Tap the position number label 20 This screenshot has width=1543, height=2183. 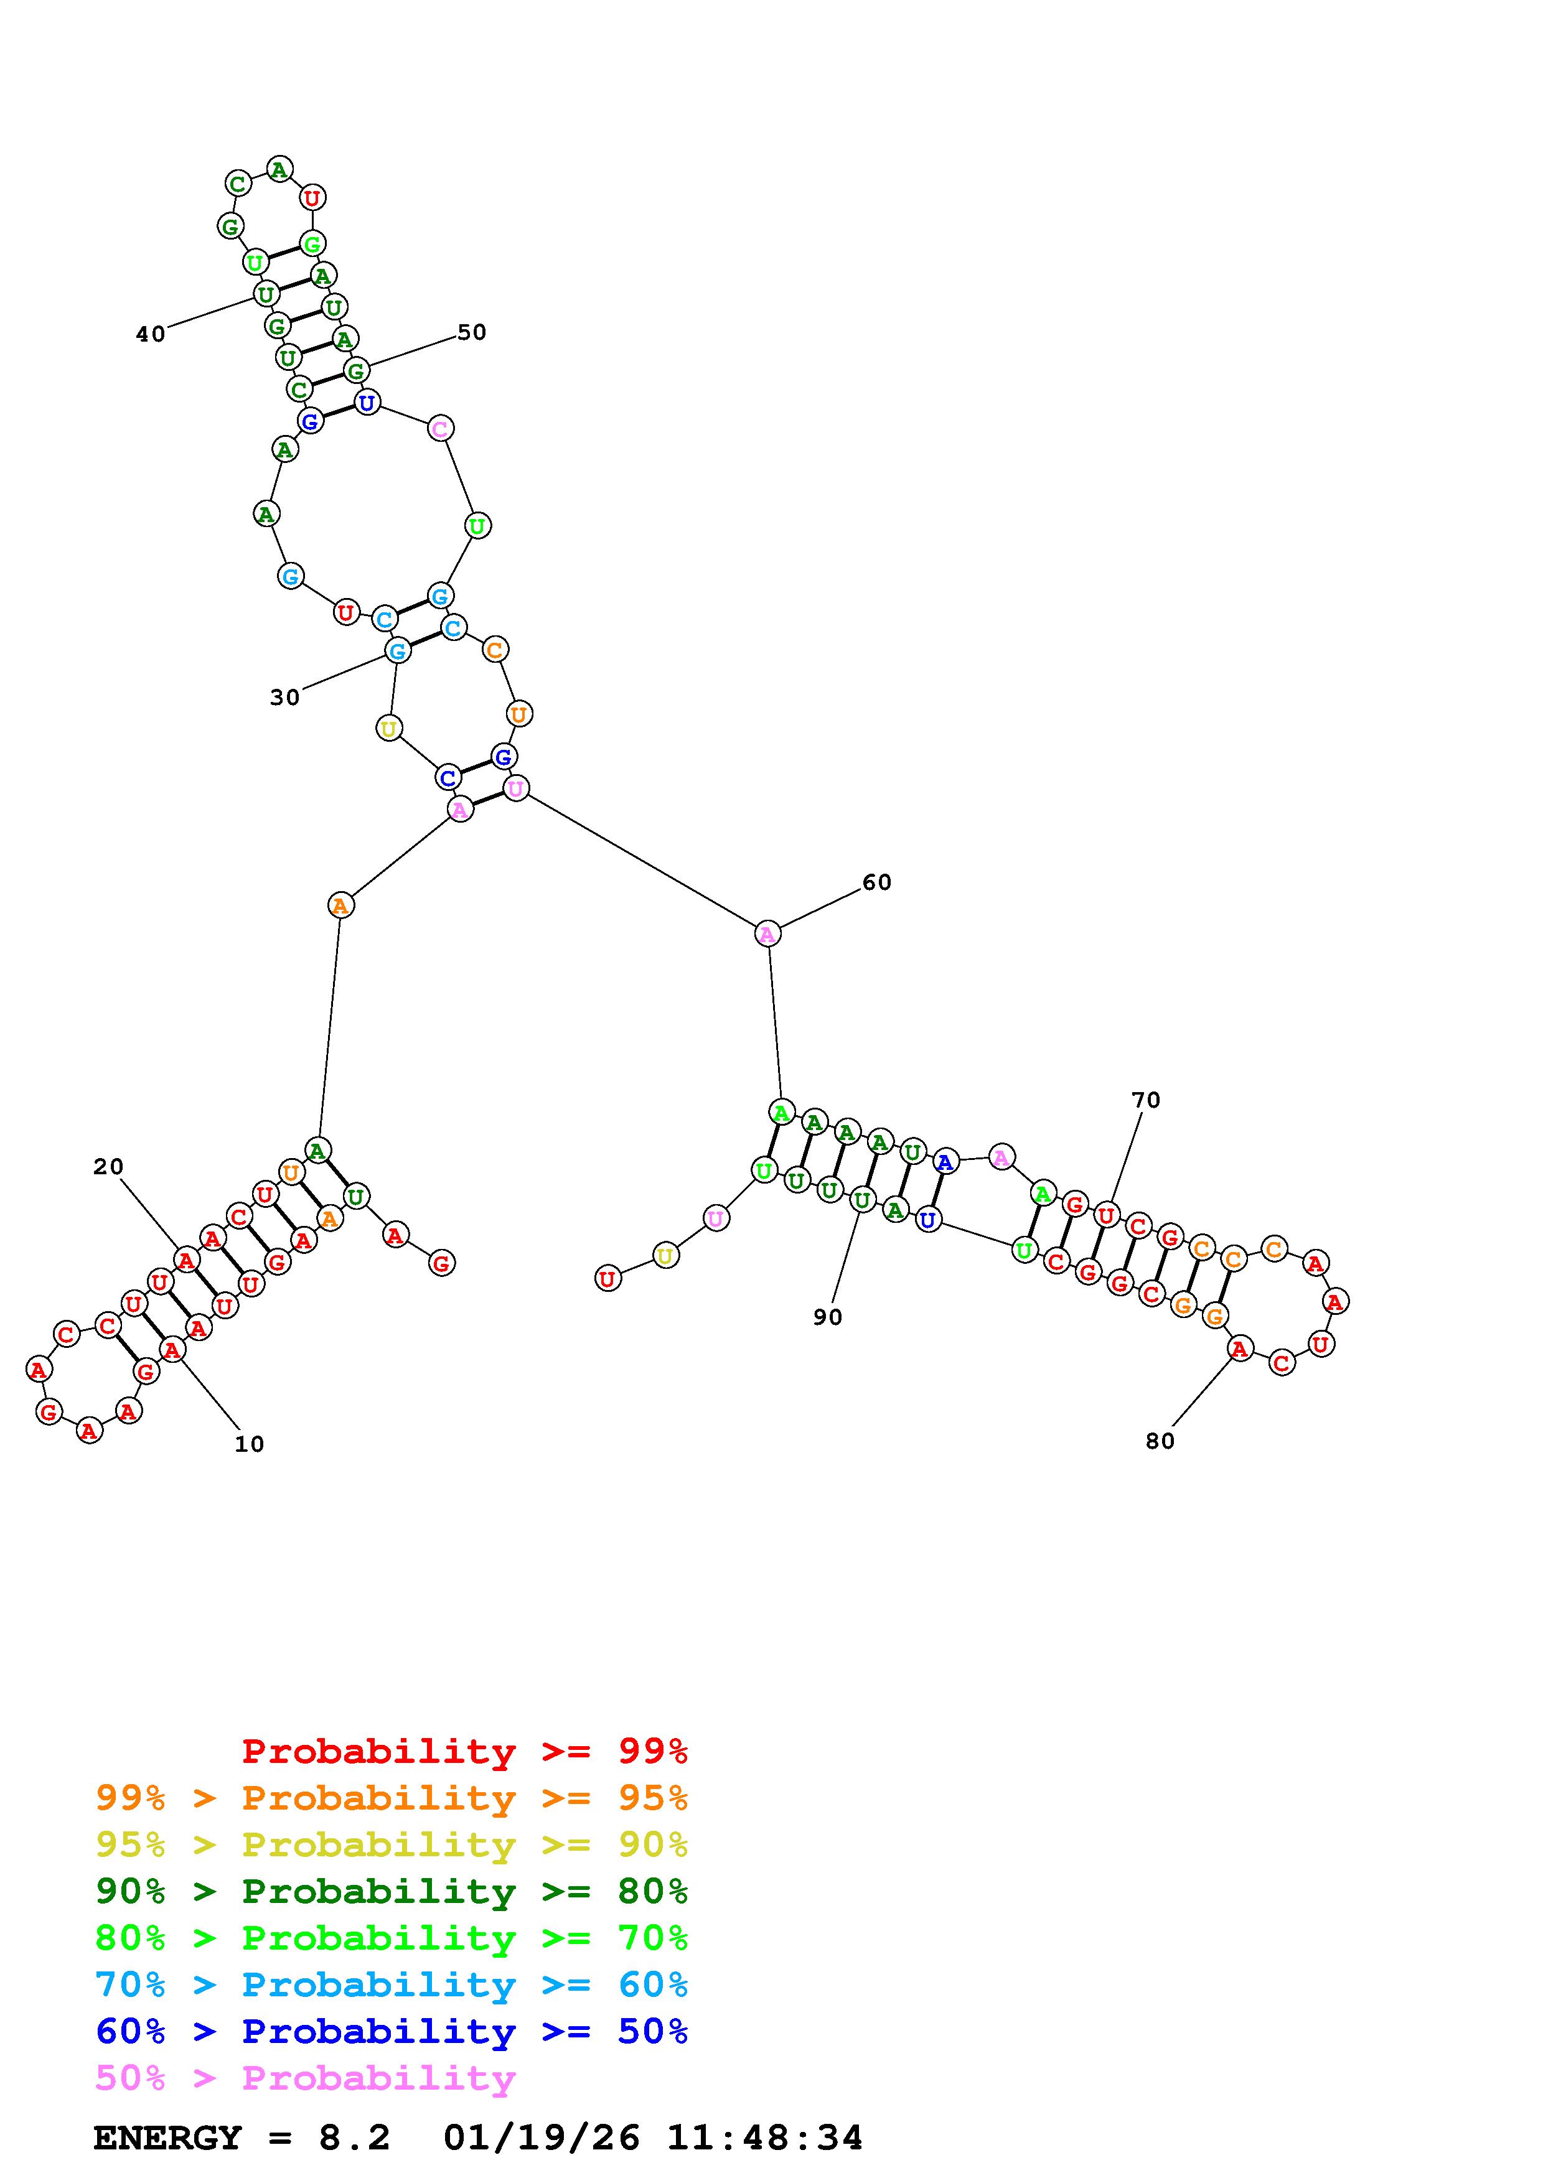click(108, 1167)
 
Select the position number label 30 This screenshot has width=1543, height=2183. click(284, 698)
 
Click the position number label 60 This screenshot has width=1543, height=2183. click(876, 882)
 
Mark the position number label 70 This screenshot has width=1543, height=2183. click(1146, 1100)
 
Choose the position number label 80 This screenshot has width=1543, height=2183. click(1160, 1441)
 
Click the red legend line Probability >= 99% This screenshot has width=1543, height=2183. click(465, 1751)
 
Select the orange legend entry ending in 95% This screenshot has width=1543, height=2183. click(392, 1798)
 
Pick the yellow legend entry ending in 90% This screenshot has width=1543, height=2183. click(392, 1844)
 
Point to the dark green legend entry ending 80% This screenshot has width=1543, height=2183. click(392, 1891)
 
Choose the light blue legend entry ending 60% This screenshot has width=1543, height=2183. click(392, 1984)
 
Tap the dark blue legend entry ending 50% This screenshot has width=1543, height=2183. click(392, 2031)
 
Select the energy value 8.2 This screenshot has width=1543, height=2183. click(354, 2138)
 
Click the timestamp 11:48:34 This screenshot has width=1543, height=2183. click(764, 2138)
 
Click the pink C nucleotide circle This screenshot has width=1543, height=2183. click(440, 429)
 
